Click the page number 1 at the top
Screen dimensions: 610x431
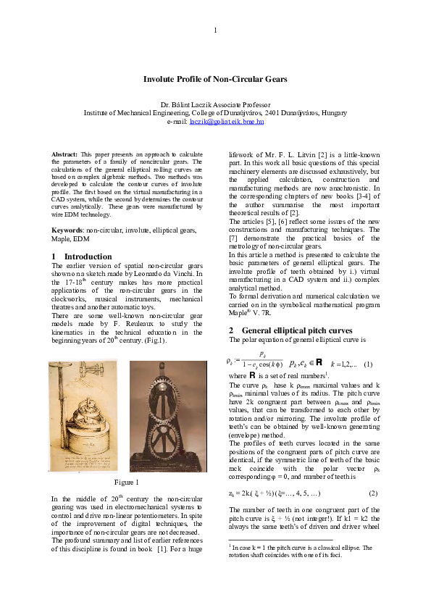(215, 30)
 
